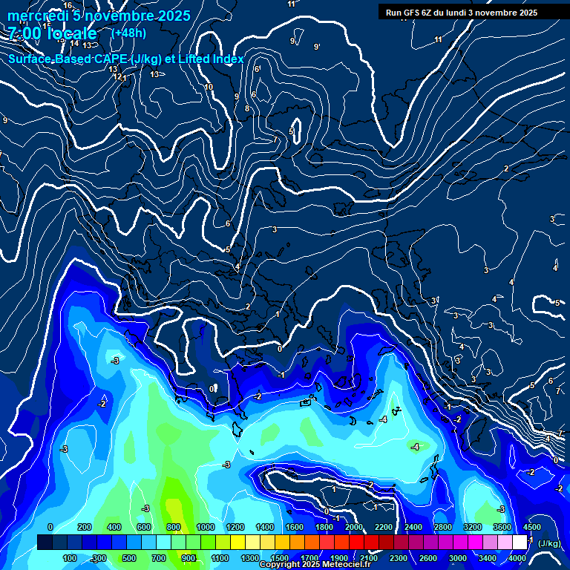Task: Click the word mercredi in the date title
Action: (38, 16)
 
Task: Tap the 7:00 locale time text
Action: (53, 33)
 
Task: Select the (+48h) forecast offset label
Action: (128, 33)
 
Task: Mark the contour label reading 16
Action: (68, 5)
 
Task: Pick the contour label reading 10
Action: (209, 87)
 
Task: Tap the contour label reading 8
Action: (247, 108)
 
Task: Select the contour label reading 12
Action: (117, 76)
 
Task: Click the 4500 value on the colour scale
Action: (531, 527)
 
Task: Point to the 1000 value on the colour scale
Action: (205, 527)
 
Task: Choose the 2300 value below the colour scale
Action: (398, 558)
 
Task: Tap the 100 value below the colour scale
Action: (70, 558)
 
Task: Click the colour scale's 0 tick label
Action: (50, 527)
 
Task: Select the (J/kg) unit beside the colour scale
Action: (549, 543)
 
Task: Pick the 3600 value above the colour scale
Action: (502, 527)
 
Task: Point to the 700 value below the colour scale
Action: (159, 558)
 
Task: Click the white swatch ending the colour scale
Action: (520, 543)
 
